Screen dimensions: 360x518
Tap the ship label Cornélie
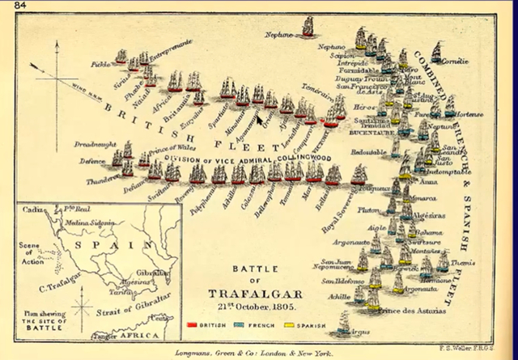pos(456,61)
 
